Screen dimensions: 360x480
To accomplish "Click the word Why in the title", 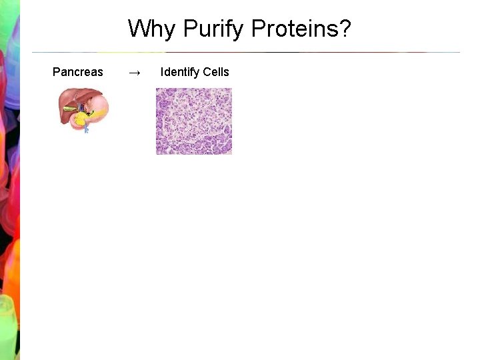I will pyautogui.click(x=153, y=29).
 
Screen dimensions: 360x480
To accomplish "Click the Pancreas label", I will pyautogui.click(x=77, y=72).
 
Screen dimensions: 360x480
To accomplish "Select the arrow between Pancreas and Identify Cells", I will pyautogui.click(x=133, y=73).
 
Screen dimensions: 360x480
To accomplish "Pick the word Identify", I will pyautogui.click(x=181, y=72).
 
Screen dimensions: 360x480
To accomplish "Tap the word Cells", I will pyautogui.click(x=217, y=72).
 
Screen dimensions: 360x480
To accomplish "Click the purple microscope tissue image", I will pyautogui.click(x=194, y=121).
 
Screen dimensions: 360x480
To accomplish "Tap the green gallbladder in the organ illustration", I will pyautogui.click(x=69, y=109).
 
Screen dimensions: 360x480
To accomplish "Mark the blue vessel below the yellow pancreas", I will pyautogui.click(x=86, y=129).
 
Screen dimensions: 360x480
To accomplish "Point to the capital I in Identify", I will pyautogui.click(x=162, y=72).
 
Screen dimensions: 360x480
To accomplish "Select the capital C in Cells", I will pyautogui.click(x=208, y=72).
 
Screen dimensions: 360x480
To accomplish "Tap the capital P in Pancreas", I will pyautogui.click(x=56, y=72).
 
